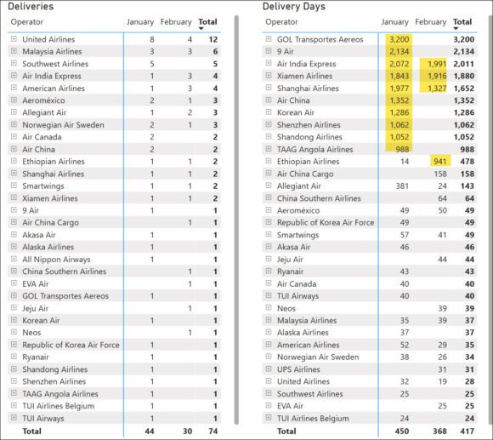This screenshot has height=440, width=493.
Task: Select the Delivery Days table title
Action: (293, 7)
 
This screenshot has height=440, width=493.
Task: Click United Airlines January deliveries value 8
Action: (151, 39)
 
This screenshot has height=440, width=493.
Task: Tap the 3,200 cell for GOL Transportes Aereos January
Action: (395, 39)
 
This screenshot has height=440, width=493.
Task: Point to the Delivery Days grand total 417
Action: (462, 431)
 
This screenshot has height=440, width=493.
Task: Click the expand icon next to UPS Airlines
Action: (269, 369)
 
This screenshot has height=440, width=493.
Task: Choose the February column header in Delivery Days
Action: (431, 21)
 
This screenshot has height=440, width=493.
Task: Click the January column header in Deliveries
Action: (140, 21)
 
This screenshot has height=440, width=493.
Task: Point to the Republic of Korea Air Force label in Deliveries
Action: (71, 345)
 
